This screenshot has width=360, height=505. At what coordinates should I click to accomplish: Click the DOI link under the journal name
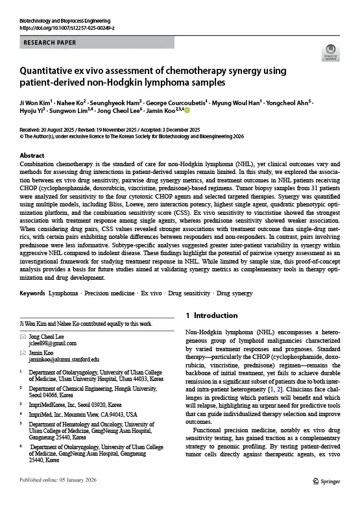(67, 29)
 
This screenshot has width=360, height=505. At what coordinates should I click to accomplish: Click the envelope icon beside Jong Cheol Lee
(24, 336)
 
